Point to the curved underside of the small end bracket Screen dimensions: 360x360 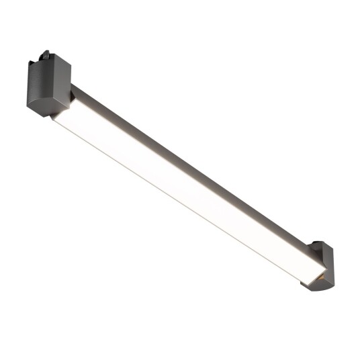pos(314,285)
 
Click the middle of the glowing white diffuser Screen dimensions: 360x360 pos(181,188)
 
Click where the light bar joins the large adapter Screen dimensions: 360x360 pos(70,101)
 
